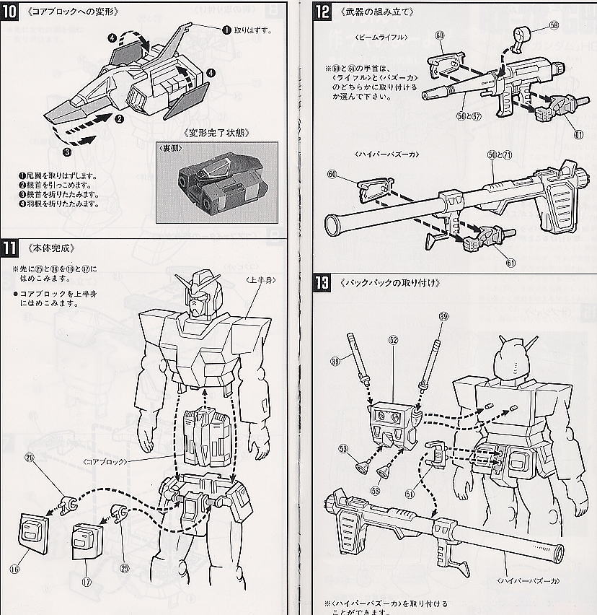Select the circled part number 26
pos(30,458)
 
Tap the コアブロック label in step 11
pos(105,461)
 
